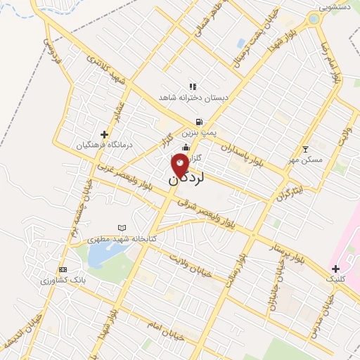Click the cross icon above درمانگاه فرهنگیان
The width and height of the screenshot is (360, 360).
click(105, 134)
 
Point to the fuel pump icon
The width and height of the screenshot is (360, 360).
click(200, 121)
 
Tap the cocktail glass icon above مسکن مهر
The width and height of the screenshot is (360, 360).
click(304, 149)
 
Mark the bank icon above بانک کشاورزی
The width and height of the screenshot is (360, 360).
click(63, 269)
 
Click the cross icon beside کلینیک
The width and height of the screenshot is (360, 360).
click(335, 268)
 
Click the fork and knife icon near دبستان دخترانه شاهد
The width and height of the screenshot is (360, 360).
click(193, 86)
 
